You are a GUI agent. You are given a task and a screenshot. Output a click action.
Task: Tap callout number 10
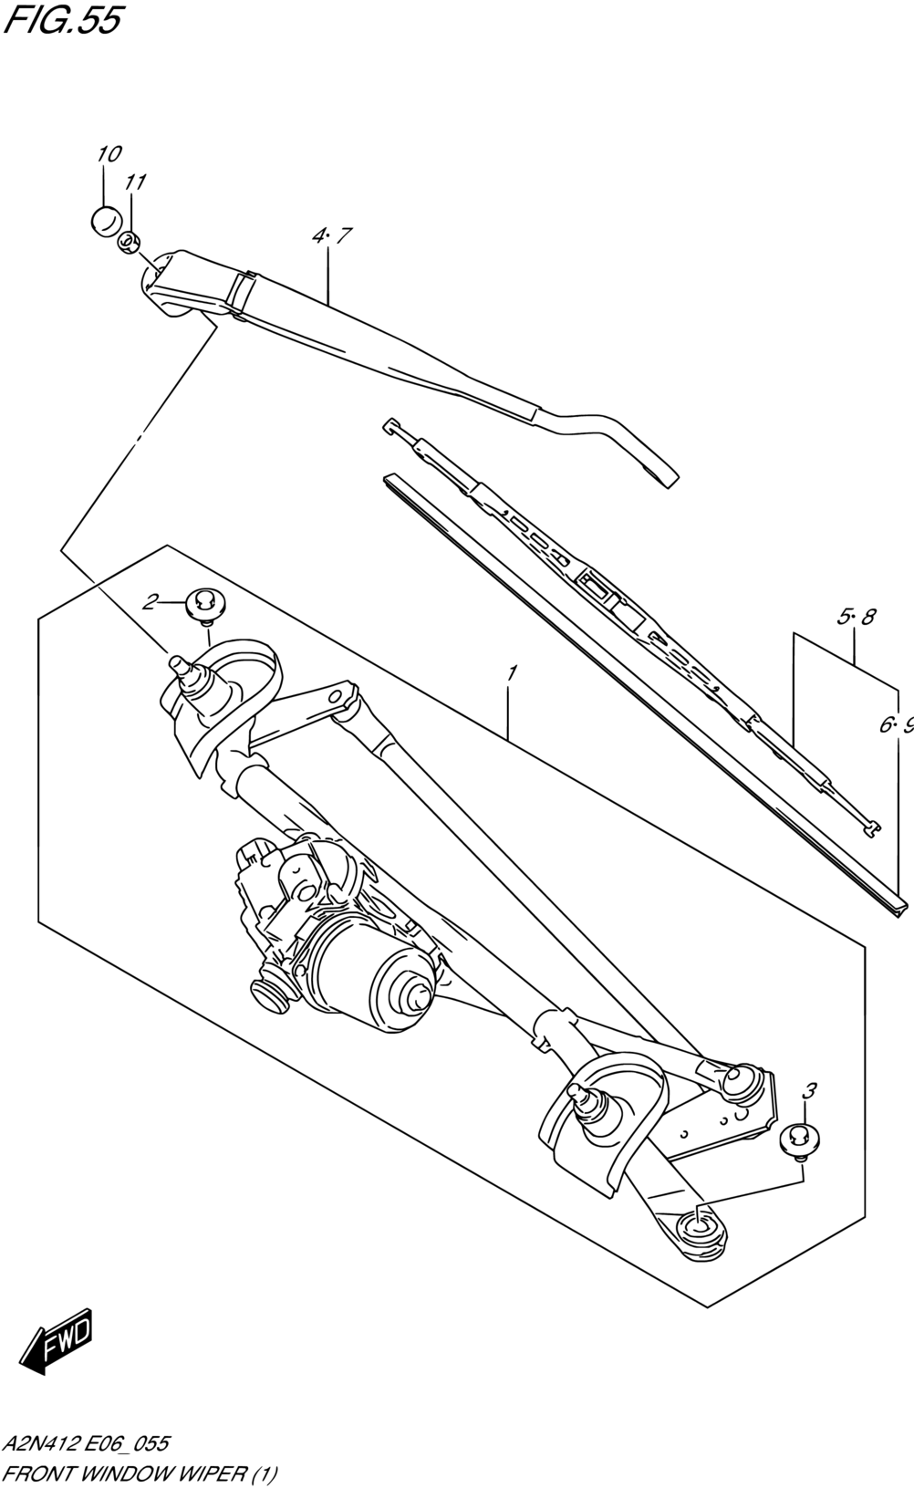109,154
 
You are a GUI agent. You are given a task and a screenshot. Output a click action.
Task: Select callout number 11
135,182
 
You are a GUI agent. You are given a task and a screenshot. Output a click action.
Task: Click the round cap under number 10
107,221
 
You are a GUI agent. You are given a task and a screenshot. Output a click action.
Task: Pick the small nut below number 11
129,243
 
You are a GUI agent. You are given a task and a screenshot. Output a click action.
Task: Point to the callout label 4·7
331,235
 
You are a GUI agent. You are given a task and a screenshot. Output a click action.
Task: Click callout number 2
150,602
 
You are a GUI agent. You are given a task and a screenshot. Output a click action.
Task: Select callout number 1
511,673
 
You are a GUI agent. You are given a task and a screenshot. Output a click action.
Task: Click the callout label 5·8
856,617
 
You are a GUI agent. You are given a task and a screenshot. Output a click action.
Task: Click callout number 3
809,1090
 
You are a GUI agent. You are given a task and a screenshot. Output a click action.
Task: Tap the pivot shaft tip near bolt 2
178,663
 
